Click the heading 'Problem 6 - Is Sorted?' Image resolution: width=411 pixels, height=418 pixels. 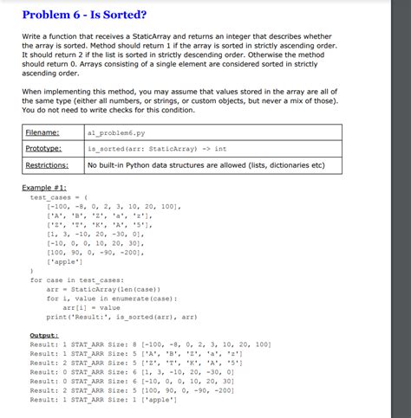(84, 15)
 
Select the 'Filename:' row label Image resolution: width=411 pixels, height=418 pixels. (42, 132)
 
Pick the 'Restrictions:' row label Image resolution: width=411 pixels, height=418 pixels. (48, 164)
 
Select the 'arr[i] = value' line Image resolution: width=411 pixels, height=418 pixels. (92, 306)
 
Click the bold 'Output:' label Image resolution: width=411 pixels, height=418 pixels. (43, 334)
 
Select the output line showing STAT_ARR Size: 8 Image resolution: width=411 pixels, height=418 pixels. (150, 344)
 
